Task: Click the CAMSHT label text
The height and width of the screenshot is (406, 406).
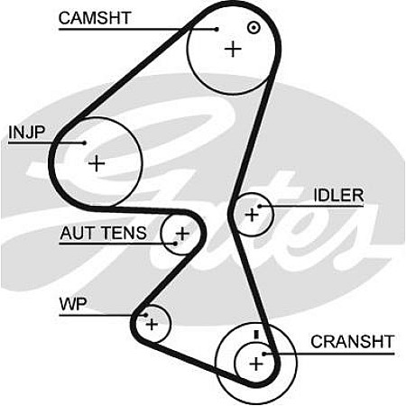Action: point(95,18)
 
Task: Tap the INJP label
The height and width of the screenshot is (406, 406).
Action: point(27,132)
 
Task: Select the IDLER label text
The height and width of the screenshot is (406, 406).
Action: point(338,196)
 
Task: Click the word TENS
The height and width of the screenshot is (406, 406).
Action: point(124,233)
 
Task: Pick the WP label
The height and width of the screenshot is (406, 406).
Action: point(73,304)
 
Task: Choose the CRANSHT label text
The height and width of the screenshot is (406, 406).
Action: point(353,342)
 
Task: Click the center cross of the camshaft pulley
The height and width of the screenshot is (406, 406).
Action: point(233,49)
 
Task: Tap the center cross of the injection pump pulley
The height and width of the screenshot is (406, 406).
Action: point(97,163)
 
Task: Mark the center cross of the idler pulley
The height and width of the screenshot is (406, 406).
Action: point(252,215)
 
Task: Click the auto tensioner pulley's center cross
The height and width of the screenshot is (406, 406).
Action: point(182,234)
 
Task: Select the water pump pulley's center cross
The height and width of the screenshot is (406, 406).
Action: point(152,324)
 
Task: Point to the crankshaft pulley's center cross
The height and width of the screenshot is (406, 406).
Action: point(256,364)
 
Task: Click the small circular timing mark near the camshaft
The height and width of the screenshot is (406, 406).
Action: point(254,28)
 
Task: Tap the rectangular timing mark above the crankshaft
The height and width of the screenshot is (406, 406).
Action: point(256,335)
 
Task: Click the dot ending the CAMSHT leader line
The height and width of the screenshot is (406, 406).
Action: point(217,29)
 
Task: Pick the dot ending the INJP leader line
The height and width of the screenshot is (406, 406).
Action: point(85,143)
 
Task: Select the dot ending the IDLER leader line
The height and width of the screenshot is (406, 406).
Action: point(259,207)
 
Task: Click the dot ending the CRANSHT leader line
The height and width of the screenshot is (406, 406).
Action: point(263,354)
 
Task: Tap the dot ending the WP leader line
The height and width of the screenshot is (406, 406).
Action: point(145,315)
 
